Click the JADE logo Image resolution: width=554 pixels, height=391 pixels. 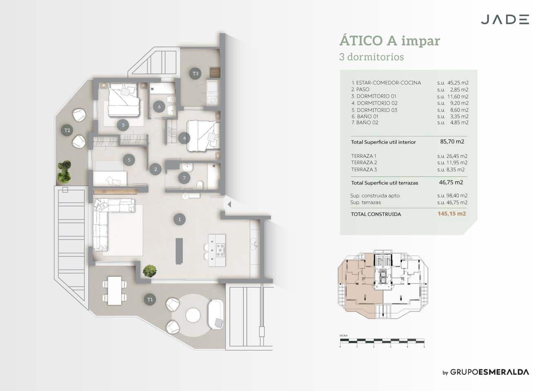tap(505, 20)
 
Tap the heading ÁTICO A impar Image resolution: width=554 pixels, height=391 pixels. tap(390, 41)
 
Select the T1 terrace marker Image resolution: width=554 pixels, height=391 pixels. tap(150, 299)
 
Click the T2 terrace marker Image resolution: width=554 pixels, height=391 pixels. tap(67, 130)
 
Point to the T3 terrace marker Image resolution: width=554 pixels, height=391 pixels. tap(195, 74)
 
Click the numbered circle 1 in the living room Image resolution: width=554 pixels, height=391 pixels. tap(179, 220)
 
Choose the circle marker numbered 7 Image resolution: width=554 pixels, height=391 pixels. tap(184, 178)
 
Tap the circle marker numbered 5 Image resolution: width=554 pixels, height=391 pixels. tap(129, 160)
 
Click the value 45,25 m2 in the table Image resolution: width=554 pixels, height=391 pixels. tap(458, 83)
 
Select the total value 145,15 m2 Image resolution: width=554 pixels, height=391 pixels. tap(452, 214)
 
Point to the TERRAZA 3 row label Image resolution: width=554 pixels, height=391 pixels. tap(364, 169)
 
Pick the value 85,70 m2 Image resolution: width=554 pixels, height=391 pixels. tap(452, 142)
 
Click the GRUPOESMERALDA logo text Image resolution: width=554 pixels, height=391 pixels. tap(489, 372)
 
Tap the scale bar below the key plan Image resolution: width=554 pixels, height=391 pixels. tap(382, 341)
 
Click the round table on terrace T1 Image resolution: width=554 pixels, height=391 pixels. tap(193, 315)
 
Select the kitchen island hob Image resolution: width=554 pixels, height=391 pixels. tap(220, 250)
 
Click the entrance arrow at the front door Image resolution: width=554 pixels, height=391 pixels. tap(229, 204)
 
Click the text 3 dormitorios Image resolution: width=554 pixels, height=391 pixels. tap(371, 57)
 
